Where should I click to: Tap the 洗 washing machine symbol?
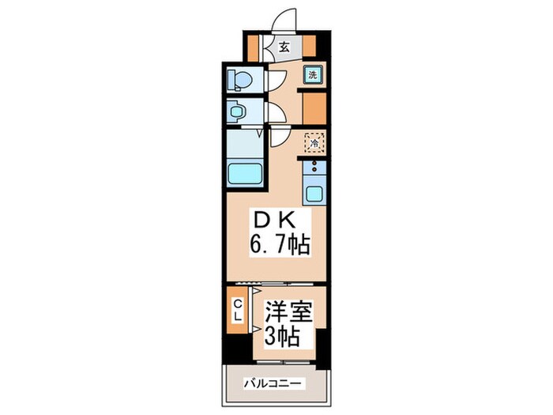pyautogui.click(x=313, y=76)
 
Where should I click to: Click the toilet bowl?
pyautogui.click(x=238, y=80)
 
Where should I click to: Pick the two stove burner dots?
pyautogui.click(x=314, y=167)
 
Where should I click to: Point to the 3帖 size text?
pyautogui.click(x=281, y=337)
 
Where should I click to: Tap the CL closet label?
pyautogui.click(x=236, y=310)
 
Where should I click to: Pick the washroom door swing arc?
pyautogui.click(x=275, y=114)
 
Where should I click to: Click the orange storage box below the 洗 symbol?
pyautogui.click(x=314, y=105)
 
